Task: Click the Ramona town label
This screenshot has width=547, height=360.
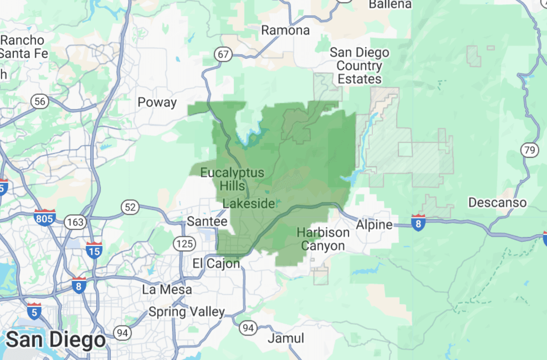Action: point(285,31)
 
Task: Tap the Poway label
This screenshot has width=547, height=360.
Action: point(157,103)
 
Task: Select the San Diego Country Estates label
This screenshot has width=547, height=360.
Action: point(360,66)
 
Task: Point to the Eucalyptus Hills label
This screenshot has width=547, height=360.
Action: point(232,179)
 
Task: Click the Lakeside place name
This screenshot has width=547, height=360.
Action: point(249,203)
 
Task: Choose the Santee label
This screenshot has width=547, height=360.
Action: point(207,222)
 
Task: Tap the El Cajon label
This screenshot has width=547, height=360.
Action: point(216,263)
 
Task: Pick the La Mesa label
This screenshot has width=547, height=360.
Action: point(167,289)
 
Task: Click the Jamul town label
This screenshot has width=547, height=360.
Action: point(286,338)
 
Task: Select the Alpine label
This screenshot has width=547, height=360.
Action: point(374,224)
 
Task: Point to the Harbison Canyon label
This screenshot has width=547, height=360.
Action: point(323,239)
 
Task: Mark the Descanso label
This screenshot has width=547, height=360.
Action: point(497,202)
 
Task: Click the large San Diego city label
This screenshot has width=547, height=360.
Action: point(56,340)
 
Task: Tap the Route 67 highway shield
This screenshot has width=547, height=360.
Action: point(223,55)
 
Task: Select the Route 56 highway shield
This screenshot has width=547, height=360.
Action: point(40,101)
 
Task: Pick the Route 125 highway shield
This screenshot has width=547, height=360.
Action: point(184,244)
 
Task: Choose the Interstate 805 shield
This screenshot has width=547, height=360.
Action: point(45,218)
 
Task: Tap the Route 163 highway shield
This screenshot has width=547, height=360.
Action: point(73,222)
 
